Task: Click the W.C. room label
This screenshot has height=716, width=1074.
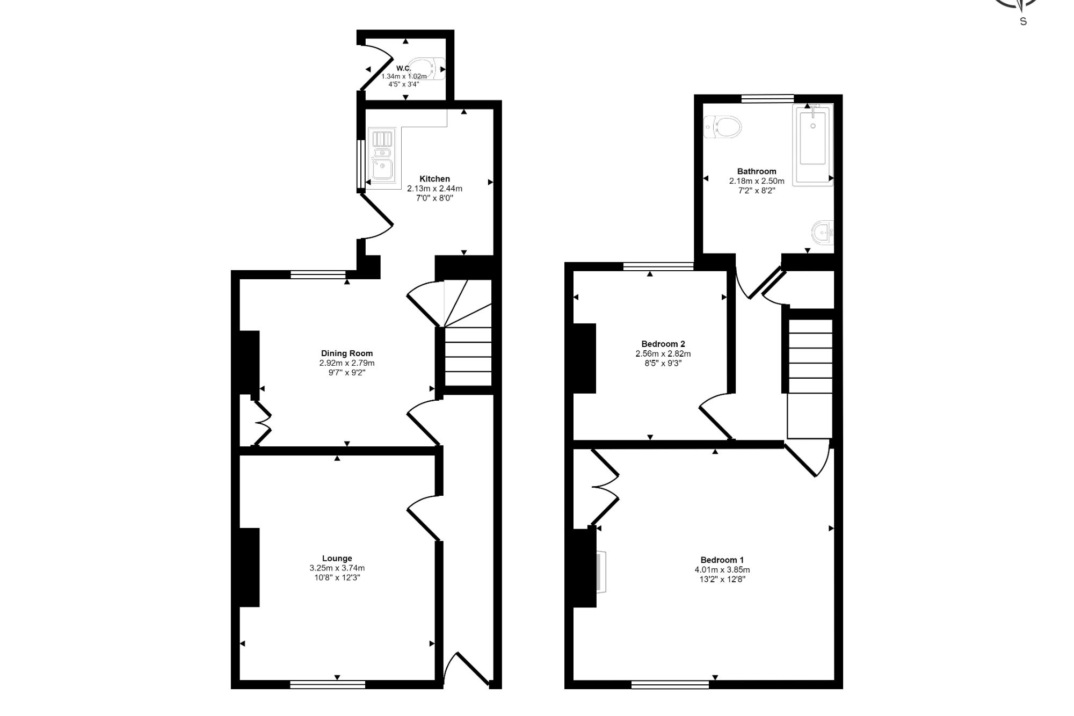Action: click(x=403, y=68)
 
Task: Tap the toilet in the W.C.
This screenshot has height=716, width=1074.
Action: click(x=427, y=68)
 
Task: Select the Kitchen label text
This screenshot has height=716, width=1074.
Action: click(x=434, y=179)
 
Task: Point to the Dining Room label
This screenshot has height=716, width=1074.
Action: click(x=347, y=353)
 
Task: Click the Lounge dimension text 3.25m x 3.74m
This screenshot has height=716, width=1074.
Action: click(x=337, y=568)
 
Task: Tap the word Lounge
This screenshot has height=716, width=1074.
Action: click(x=337, y=559)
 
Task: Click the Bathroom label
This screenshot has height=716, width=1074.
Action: click(x=757, y=171)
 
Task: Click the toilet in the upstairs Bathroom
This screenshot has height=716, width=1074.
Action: click(x=722, y=127)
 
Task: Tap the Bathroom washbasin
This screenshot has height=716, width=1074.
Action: click(x=822, y=233)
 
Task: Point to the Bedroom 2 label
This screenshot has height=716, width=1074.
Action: click(x=663, y=344)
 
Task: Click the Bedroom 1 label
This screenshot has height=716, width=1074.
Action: click(x=722, y=560)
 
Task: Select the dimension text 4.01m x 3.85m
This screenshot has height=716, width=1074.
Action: click(x=722, y=570)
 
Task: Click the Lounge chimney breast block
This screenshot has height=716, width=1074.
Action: click(x=250, y=567)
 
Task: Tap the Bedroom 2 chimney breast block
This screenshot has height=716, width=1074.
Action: click(x=585, y=358)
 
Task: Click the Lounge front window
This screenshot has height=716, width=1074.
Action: click(x=328, y=684)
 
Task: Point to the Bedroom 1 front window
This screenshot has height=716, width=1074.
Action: click(x=670, y=684)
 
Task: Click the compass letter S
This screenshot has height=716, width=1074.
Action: click(x=1023, y=21)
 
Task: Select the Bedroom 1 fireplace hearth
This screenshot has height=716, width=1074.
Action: click(x=601, y=572)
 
